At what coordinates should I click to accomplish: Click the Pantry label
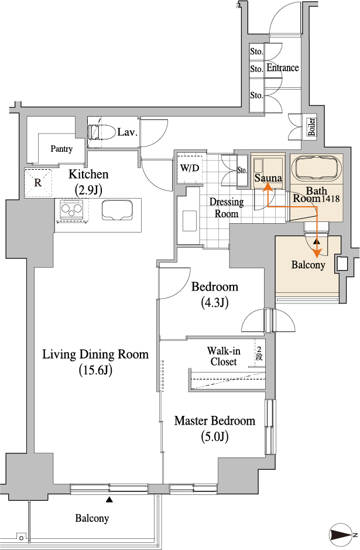click(x=61, y=149)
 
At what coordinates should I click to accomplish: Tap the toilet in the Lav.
click(x=102, y=132)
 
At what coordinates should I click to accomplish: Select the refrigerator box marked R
click(x=38, y=182)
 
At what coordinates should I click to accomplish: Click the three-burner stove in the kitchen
click(x=71, y=210)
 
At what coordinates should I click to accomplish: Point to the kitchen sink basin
click(x=117, y=210)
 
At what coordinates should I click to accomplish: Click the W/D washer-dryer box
click(x=190, y=168)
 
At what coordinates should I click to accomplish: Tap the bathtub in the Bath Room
click(x=317, y=168)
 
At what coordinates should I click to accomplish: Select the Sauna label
click(x=268, y=178)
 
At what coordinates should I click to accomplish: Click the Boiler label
click(x=311, y=127)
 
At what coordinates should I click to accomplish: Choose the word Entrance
click(x=283, y=67)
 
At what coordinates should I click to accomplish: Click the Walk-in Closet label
click(x=224, y=356)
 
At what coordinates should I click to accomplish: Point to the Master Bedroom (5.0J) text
click(x=214, y=428)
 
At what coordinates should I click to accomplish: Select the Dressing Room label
click(x=227, y=208)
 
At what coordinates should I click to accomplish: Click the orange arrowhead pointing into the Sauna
click(x=269, y=189)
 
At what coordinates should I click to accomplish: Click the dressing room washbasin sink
click(x=190, y=221)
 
